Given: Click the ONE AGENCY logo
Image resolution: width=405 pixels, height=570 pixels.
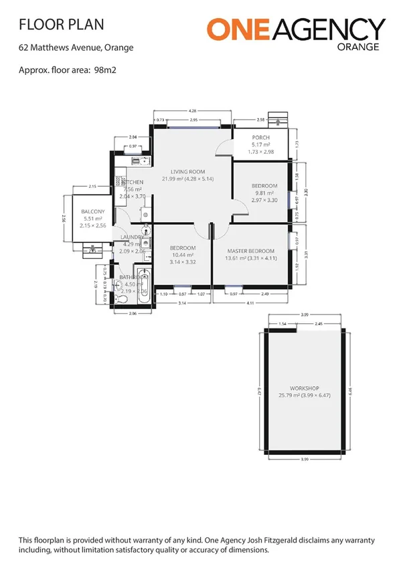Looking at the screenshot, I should (295, 30).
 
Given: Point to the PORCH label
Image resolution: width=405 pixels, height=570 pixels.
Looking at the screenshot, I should (260, 138).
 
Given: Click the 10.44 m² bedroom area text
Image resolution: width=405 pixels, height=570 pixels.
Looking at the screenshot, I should (181, 256).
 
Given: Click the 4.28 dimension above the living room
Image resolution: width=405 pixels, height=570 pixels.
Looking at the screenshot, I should (192, 110).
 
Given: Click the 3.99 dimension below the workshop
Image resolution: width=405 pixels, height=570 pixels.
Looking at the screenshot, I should (305, 459).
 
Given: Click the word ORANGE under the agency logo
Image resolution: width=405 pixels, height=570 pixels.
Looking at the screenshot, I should (359, 47).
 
